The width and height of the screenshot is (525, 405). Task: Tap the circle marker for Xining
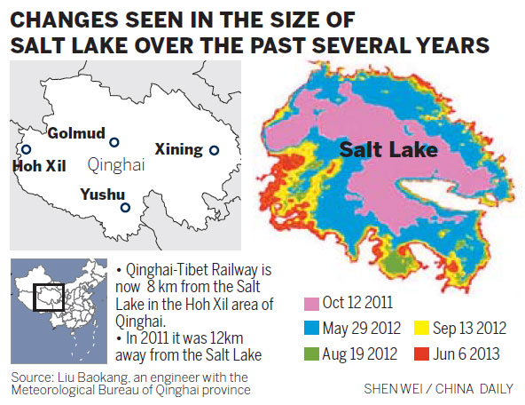(213, 150)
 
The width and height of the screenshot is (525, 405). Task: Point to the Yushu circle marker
(125, 208)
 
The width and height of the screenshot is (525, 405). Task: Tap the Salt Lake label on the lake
(388, 150)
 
